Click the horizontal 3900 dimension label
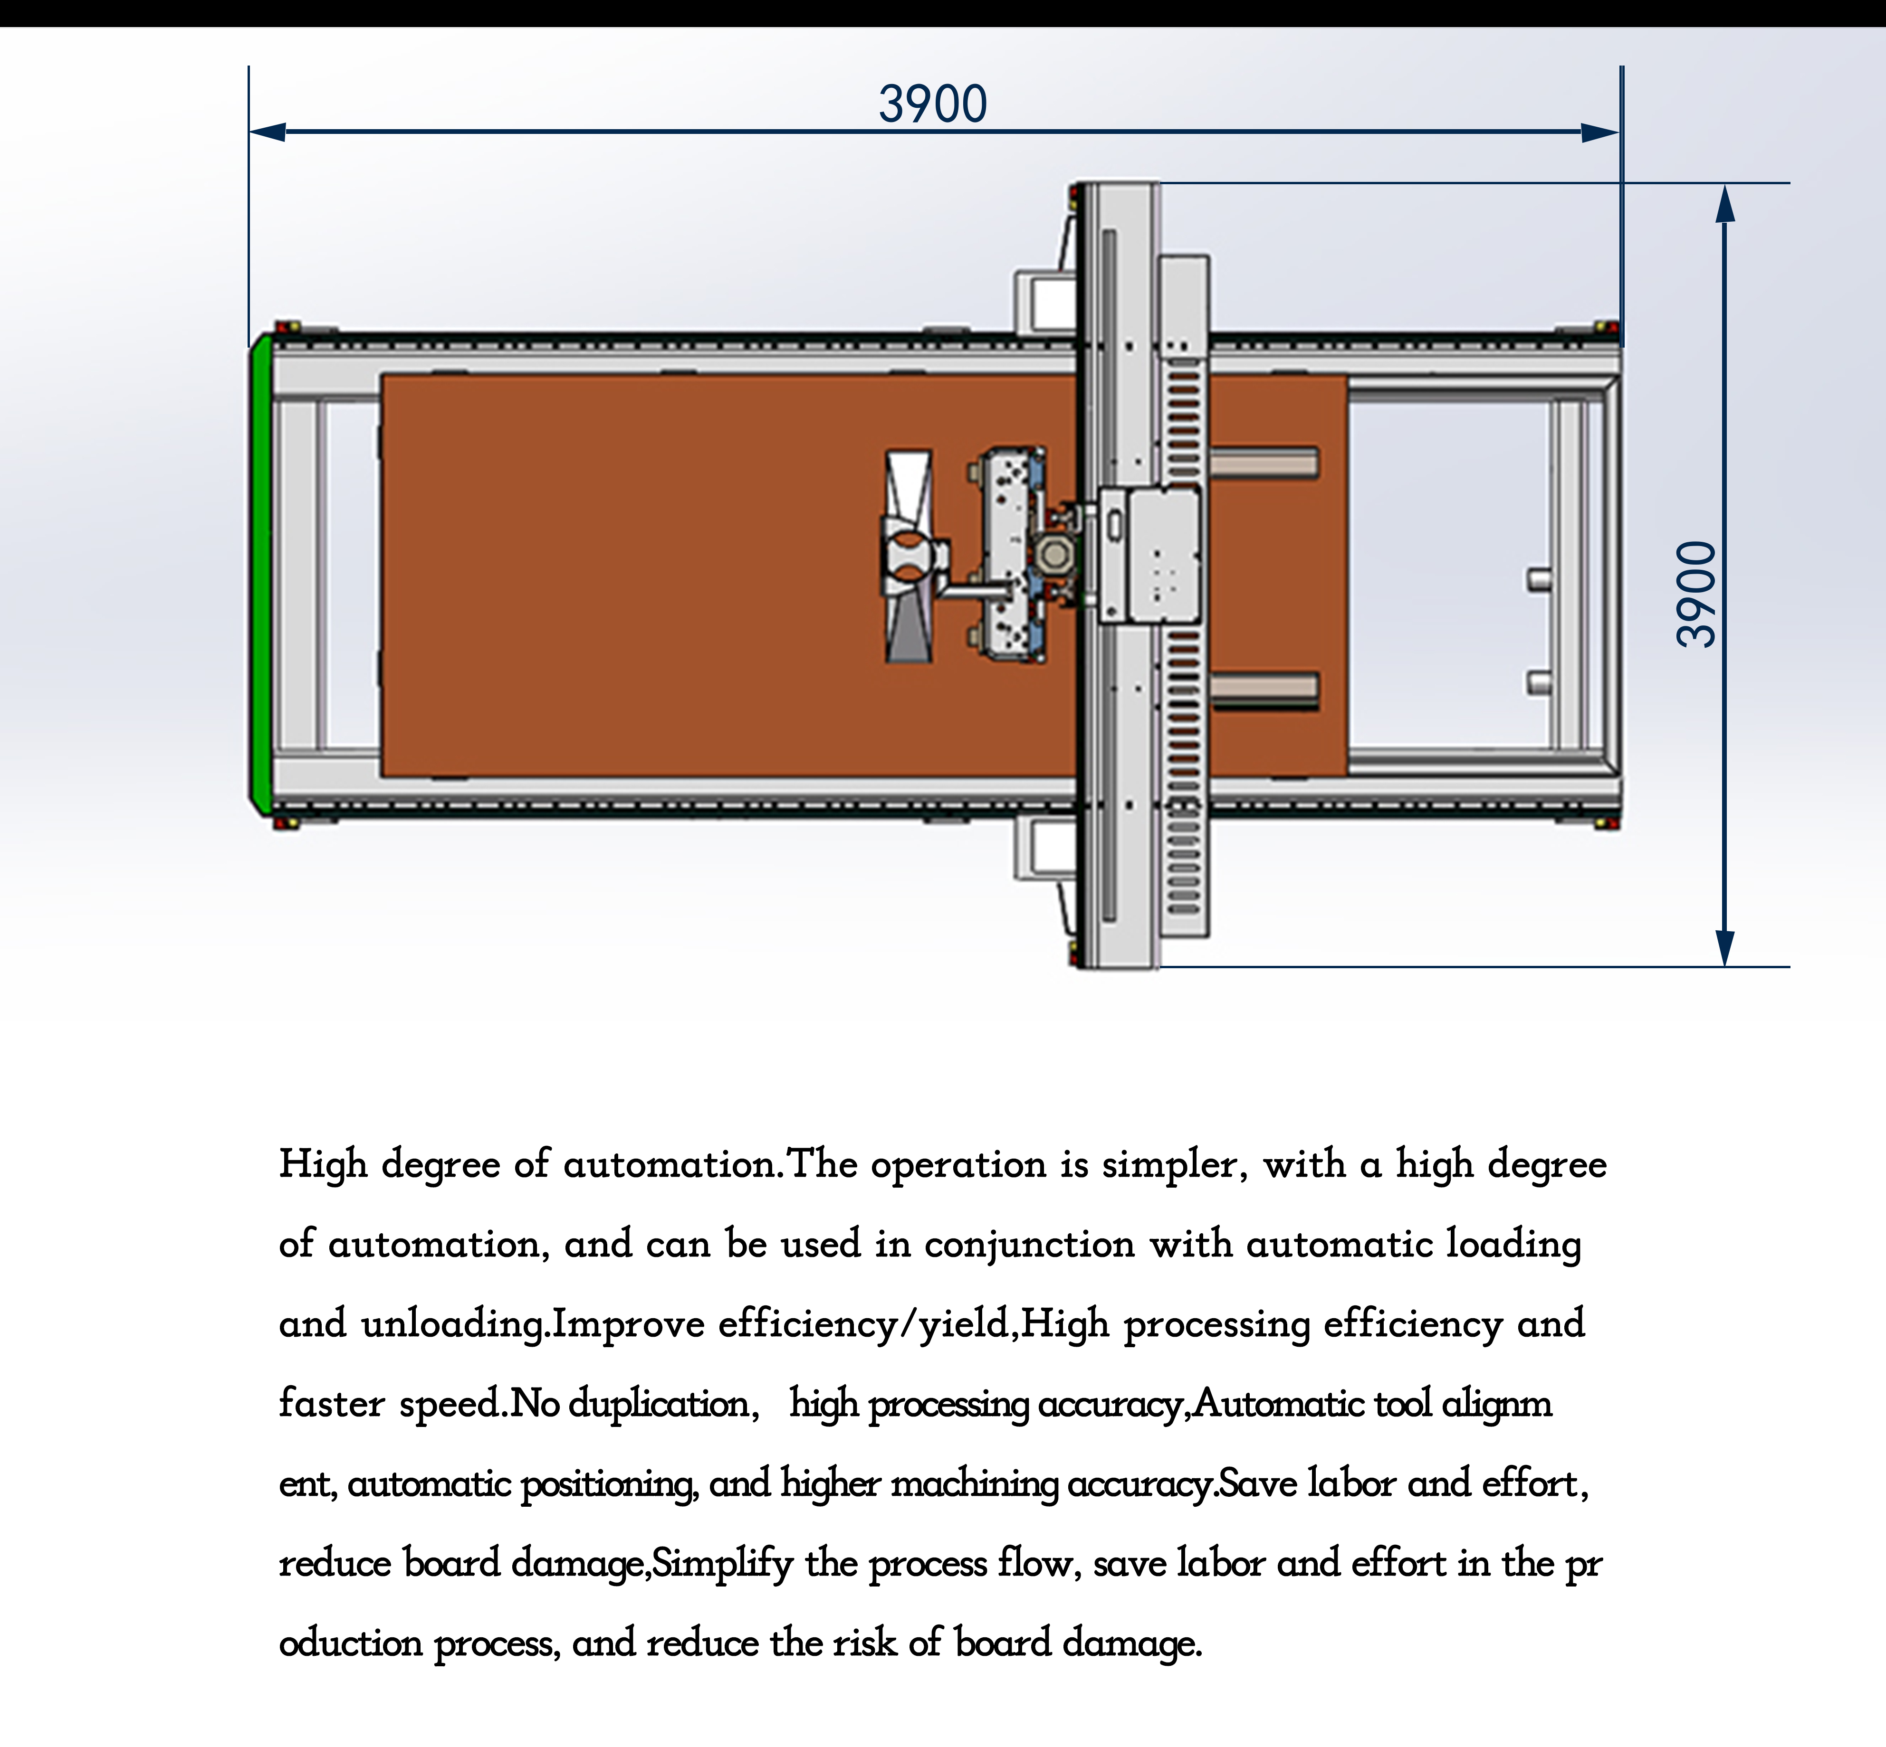(933, 104)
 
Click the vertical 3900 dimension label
(1695, 594)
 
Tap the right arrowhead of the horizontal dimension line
(1600, 132)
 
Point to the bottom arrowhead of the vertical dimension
(1725, 947)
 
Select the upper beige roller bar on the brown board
(1264, 463)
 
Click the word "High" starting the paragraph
(323, 1165)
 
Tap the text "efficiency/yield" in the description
(863, 1324)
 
